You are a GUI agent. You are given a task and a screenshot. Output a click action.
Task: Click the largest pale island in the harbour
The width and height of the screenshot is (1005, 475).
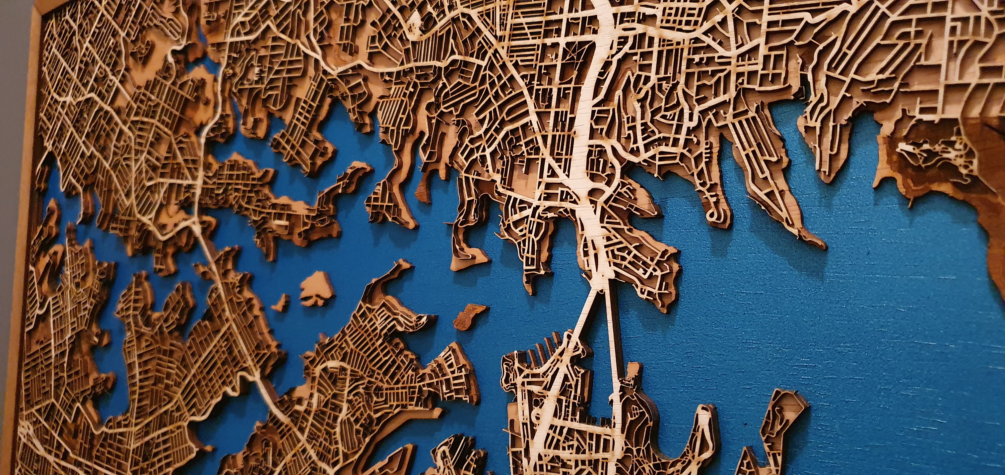point(317,289)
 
